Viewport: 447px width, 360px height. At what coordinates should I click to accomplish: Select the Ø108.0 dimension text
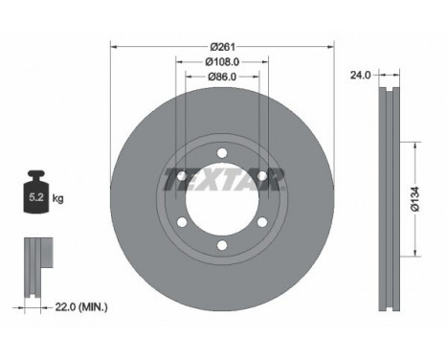click(221, 63)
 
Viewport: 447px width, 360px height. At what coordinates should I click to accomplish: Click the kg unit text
click(57, 200)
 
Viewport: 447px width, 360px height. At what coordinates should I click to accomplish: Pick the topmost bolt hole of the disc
click(221, 151)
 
